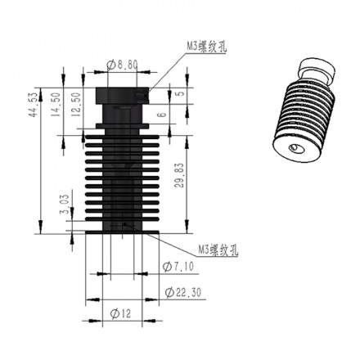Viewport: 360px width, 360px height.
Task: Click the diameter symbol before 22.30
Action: pyautogui.click(x=167, y=290)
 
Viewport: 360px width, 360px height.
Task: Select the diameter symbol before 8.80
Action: pyautogui.click(x=111, y=63)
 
